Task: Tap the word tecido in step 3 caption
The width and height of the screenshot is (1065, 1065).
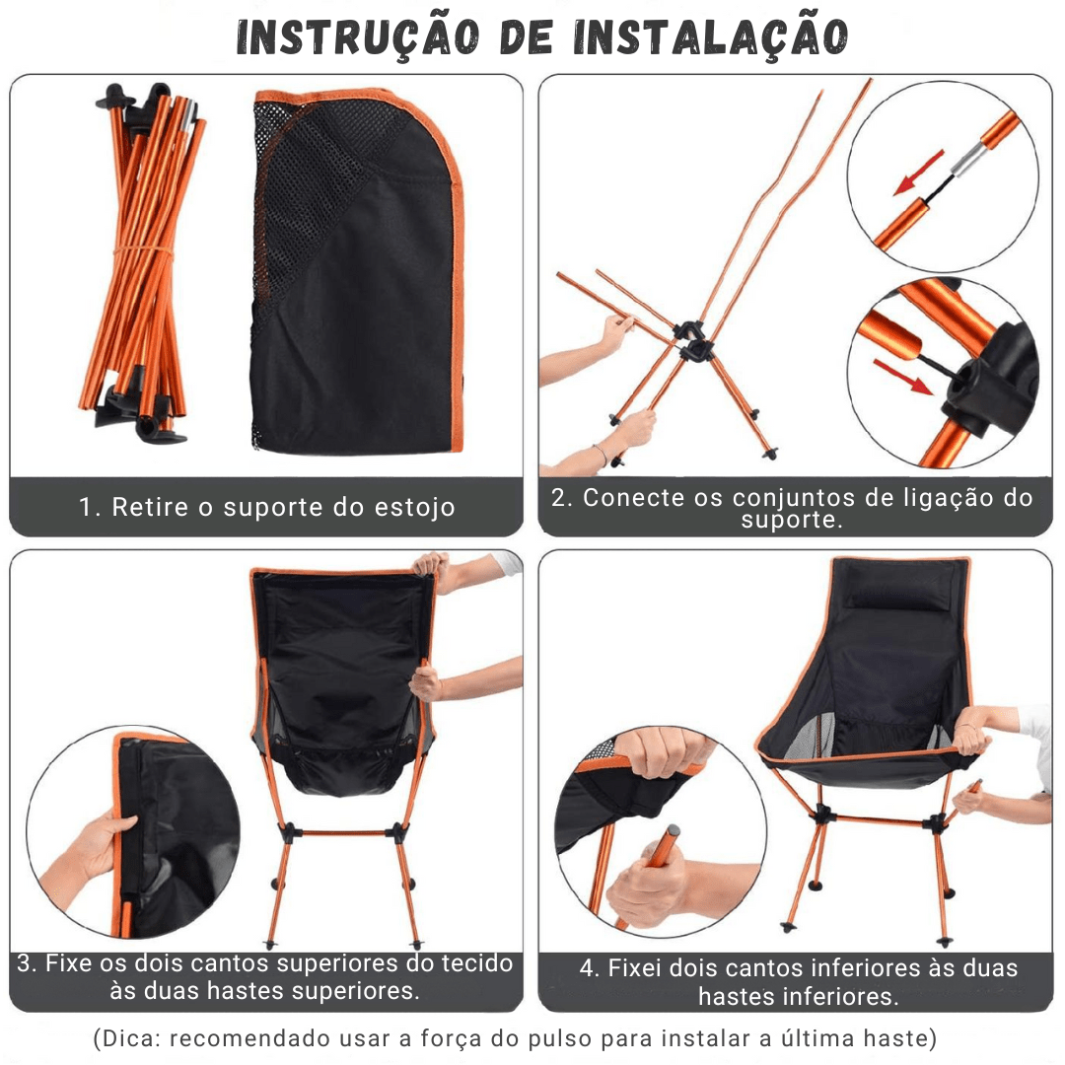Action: coord(477,963)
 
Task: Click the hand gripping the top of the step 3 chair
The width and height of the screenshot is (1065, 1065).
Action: coord(431,565)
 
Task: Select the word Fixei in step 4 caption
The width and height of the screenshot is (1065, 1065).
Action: coord(635,968)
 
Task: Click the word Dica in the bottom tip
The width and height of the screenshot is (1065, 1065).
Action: coord(122,1038)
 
